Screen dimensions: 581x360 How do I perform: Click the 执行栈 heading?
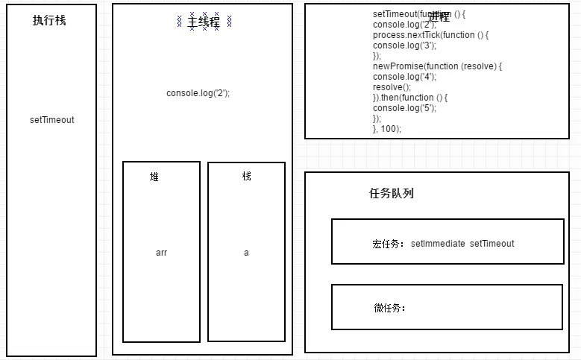(49, 21)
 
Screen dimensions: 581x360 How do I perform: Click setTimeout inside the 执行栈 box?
(52, 120)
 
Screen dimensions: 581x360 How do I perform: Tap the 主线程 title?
(204, 22)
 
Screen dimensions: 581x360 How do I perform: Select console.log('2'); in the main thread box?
(198, 93)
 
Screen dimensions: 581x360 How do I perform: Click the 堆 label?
(154, 177)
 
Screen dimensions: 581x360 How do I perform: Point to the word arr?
(161, 253)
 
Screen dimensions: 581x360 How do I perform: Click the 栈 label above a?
(247, 176)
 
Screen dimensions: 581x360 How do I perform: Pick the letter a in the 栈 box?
(246, 253)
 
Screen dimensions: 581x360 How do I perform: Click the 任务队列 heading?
(392, 193)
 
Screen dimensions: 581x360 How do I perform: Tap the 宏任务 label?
(388, 244)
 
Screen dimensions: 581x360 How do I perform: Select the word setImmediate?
(438, 244)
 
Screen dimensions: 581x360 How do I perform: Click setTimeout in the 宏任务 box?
(492, 244)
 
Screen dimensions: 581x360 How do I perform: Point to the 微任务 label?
(389, 308)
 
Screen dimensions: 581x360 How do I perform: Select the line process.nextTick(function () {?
(430, 35)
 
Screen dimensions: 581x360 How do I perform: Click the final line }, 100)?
(387, 129)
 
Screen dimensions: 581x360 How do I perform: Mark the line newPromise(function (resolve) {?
(437, 66)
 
